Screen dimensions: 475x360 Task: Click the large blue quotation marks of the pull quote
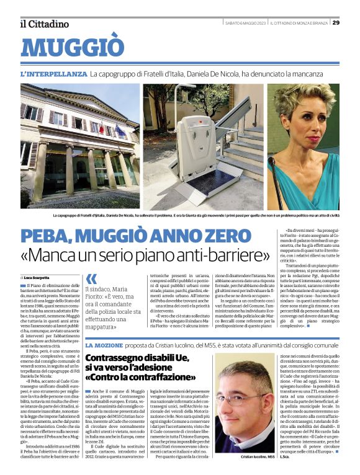(x=91, y=279)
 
